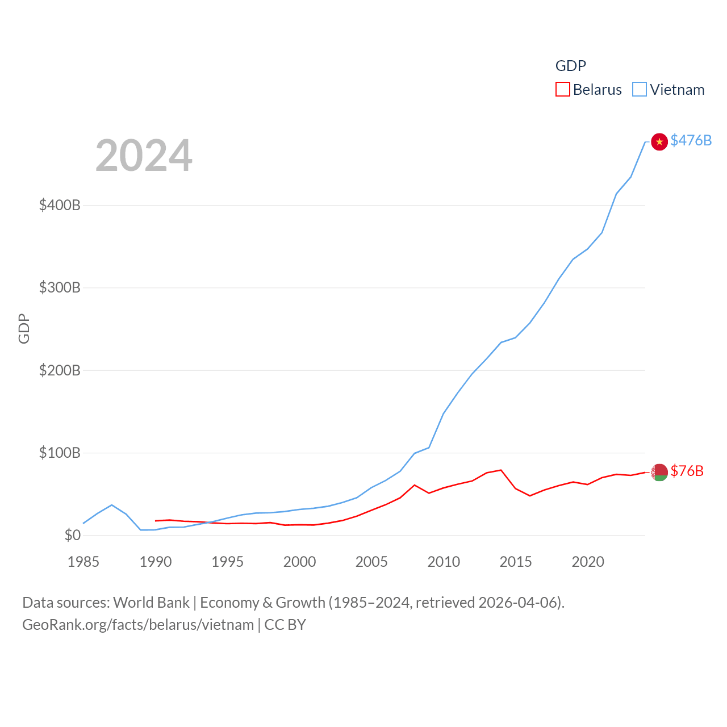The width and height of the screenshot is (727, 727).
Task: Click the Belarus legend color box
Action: (562, 90)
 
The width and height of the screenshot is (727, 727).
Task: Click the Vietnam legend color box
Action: (640, 90)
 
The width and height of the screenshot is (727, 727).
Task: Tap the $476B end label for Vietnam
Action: (691, 140)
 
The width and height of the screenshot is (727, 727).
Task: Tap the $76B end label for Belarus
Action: (687, 471)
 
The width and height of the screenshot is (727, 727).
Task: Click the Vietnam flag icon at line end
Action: (659, 141)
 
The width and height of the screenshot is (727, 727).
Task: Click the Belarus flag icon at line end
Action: (659, 472)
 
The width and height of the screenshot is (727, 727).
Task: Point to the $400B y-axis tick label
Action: (60, 205)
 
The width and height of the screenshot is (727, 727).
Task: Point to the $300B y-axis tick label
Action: (60, 287)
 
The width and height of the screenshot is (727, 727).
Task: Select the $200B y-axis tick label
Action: (60, 370)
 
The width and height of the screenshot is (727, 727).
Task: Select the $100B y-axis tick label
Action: (60, 453)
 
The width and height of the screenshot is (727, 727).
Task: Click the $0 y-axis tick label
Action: (72, 535)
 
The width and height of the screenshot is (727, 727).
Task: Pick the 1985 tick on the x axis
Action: (83, 562)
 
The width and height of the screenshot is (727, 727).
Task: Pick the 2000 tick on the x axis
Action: (299, 562)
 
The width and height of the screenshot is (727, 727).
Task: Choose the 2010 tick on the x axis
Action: (444, 562)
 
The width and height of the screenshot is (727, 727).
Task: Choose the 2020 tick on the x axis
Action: (588, 562)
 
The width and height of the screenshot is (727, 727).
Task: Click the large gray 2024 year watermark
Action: (144, 156)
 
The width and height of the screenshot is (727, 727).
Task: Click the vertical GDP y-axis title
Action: (24, 328)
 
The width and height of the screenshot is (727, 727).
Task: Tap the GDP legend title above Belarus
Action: (570, 66)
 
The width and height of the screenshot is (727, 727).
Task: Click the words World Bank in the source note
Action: (151, 603)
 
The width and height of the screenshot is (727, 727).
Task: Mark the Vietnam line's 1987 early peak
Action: (112, 505)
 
